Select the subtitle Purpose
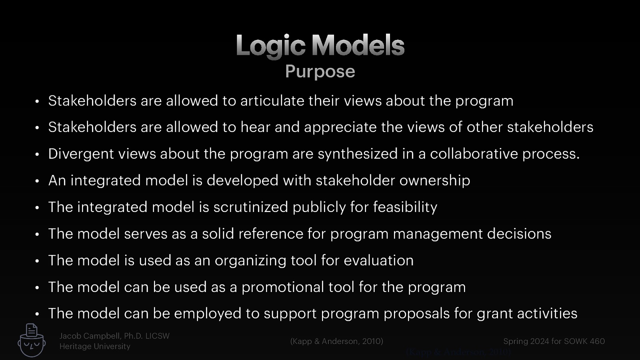(320, 72)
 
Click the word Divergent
(81, 154)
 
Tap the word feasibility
(405, 207)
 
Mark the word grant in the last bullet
(494, 314)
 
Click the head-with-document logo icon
(32, 340)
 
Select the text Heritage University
(95, 346)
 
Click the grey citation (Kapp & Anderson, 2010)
(336, 341)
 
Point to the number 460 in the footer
(597, 341)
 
